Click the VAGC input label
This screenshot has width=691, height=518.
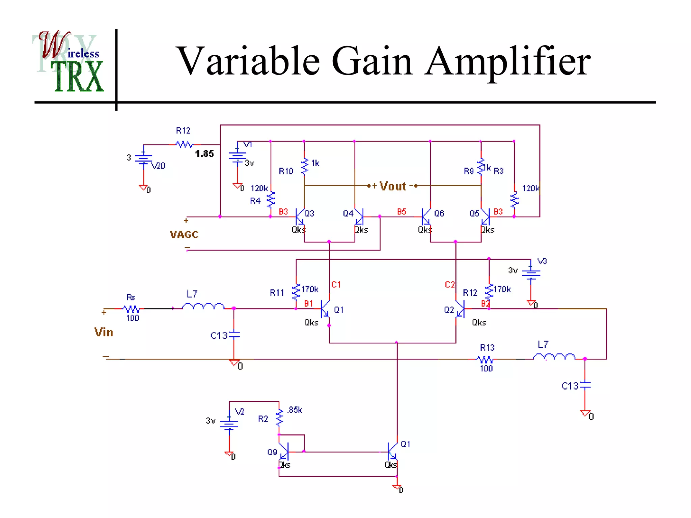184,234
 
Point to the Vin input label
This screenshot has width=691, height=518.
104,332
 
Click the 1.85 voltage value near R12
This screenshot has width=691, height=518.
204,154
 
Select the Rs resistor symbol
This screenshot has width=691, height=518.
131,309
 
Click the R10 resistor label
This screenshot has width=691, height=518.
286,171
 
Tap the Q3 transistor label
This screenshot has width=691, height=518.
309,213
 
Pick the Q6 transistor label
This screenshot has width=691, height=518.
439,213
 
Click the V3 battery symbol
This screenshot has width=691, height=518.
531,273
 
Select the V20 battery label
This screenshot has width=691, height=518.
158,166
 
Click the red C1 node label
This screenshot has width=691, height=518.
336,285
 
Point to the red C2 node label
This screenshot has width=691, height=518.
449,285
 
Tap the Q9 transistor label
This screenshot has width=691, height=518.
272,452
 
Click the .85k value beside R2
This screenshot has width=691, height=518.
295,410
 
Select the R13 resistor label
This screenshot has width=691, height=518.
487,348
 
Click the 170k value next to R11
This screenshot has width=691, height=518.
309,289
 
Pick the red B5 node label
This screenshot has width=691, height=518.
402,212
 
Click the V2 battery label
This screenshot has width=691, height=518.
240,412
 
